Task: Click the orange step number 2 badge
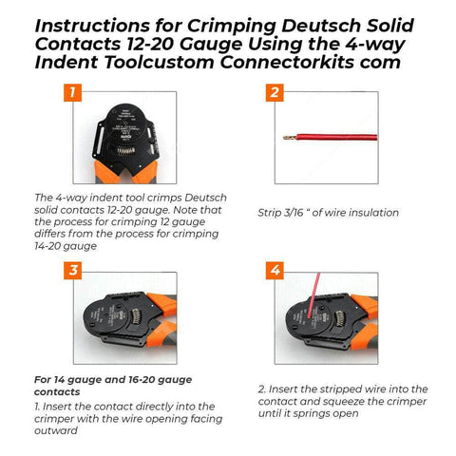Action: click(x=274, y=93)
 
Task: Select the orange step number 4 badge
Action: click(x=274, y=271)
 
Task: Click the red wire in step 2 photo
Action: click(x=332, y=138)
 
